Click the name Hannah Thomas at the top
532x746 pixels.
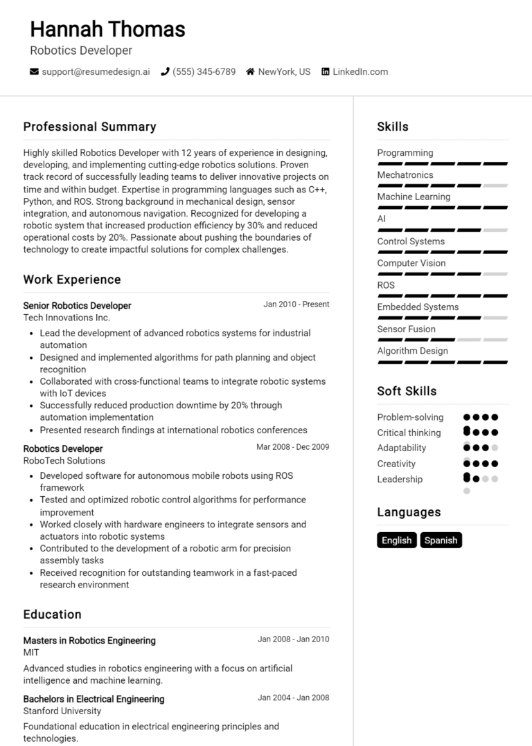point(108,29)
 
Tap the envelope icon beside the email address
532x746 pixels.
point(34,71)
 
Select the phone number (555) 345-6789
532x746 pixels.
point(204,71)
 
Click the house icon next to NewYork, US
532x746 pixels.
point(250,71)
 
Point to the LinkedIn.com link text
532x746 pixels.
point(360,71)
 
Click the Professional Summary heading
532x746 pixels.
point(89,127)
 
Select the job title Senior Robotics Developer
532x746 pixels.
point(77,305)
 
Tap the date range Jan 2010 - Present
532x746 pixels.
point(296,304)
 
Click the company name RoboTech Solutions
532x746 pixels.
point(64,460)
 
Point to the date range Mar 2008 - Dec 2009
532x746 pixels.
point(293,447)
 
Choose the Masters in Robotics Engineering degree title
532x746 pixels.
point(89,640)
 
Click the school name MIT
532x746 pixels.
point(31,653)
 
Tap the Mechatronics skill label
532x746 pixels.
point(405,175)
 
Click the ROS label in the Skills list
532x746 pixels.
point(386,285)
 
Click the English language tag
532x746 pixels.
point(397,540)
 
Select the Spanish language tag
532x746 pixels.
point(441,540)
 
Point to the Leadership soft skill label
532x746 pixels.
point(400,479)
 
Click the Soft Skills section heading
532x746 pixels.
point(407,391)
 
